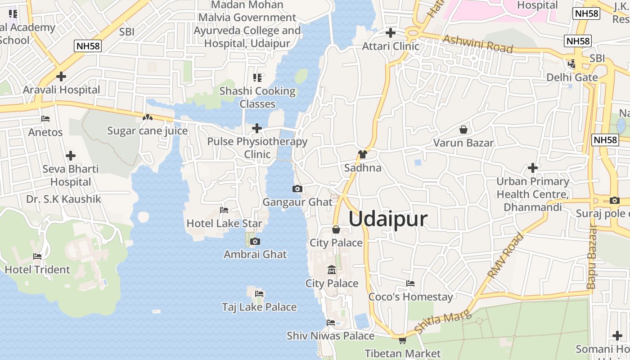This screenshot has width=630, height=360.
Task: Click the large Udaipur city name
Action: tap(388, 219)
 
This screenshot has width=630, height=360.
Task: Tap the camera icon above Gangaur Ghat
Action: tap(297, 189)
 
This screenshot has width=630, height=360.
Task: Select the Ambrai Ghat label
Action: tap(255, 254)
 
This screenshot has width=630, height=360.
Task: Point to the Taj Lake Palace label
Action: tap(259, 307)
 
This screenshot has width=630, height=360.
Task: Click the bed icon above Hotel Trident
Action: tap(37, 256)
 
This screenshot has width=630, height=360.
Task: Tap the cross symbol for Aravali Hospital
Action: tap(61, 76)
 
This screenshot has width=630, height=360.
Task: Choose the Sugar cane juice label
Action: tap(147, 131)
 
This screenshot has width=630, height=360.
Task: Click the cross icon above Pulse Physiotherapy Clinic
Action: tap(257, 128)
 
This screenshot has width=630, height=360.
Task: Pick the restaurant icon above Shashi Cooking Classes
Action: tap(257, 78)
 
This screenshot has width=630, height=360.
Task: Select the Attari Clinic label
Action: tap(391, 46)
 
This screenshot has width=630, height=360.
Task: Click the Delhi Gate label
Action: tap(572, 77)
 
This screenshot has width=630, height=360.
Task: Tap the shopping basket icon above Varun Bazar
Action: tap(463, 130)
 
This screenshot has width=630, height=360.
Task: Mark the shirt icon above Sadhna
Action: tap(363, 154)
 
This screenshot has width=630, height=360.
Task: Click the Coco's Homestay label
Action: tap(411, 297)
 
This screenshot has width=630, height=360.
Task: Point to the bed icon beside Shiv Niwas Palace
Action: tap(331, 322)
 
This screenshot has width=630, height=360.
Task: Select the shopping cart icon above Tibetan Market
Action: tap(402, 340)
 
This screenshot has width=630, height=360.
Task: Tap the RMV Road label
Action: tap(506, 256)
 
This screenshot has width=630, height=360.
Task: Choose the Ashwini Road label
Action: tap(478, 43)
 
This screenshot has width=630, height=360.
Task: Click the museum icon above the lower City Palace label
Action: tap(332, 270)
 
